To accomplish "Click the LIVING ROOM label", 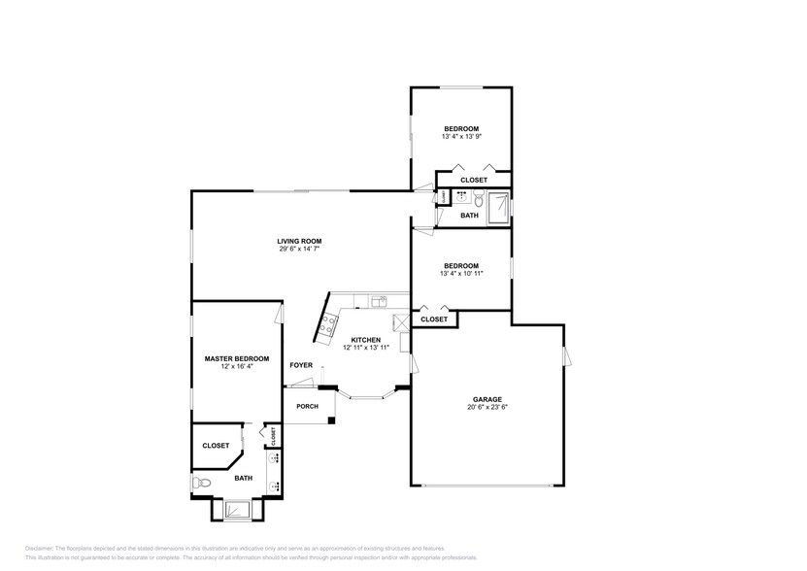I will (298, 241).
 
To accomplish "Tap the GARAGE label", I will (487, 399).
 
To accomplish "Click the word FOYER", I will (301, 365).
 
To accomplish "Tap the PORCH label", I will (307, 406).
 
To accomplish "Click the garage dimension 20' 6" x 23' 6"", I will (487, 408).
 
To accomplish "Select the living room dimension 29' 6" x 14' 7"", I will (298, 250).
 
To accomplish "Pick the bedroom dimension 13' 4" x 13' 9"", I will (461, 137).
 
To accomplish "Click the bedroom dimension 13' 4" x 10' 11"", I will (461, 274).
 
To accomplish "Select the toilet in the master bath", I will (200, 483).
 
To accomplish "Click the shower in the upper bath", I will (497, 207).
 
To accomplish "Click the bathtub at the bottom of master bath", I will (236, 510).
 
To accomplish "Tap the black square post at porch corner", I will (332, 420).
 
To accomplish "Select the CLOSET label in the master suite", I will (216, 446).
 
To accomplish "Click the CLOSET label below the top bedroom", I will (473, 180).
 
